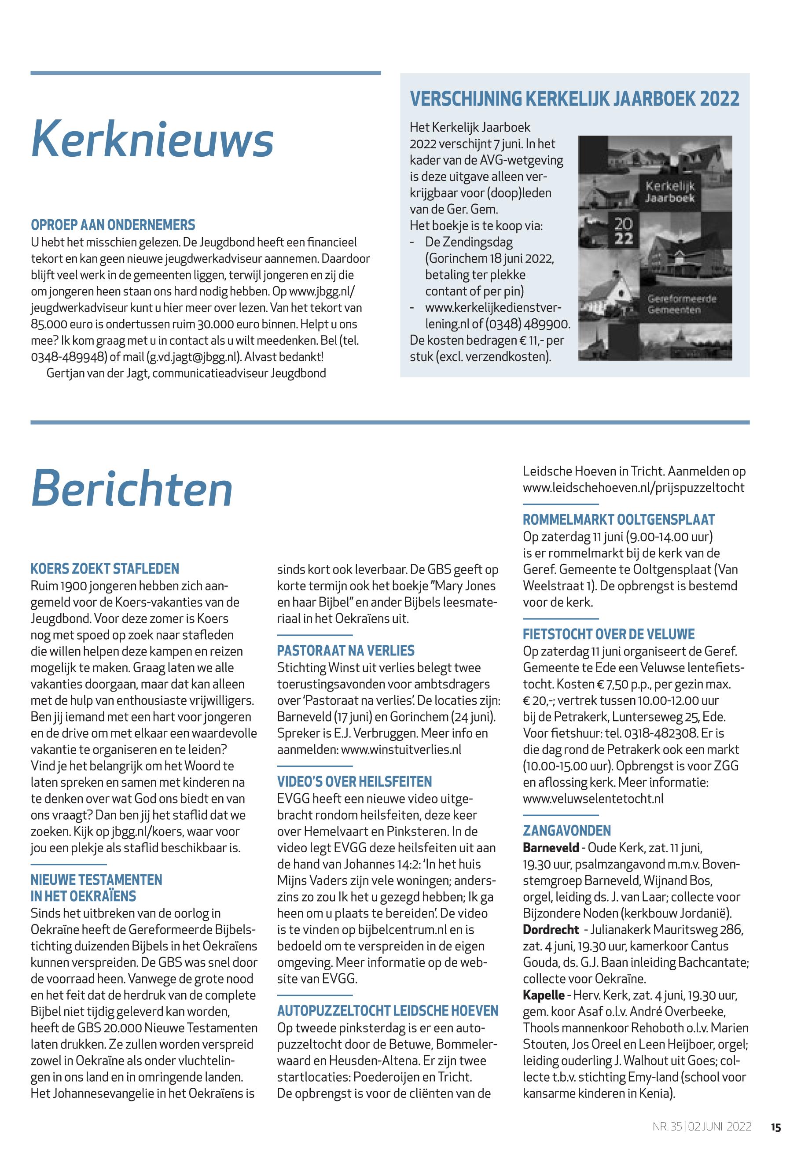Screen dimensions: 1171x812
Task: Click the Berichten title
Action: (132, 489)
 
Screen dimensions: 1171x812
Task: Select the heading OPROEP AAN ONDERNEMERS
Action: (113, 225)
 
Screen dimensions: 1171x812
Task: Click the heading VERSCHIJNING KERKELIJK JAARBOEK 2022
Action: (574, 99)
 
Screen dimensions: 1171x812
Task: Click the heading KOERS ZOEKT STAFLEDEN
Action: (105, 568)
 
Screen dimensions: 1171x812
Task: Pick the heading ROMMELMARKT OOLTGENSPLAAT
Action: (619, 519)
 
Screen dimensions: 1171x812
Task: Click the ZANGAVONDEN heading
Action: (567, 831)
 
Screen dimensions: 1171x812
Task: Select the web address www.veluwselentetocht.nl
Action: (593, 799)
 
